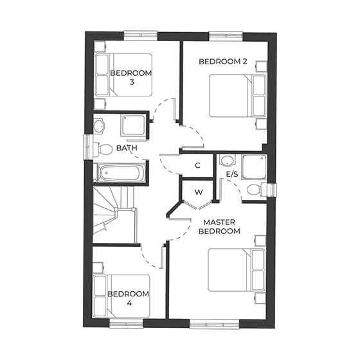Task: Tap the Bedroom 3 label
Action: tap(130, 78)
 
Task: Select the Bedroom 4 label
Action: tap(127, 299)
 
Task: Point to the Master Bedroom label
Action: tap(222, 226)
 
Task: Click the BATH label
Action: tap(127, 148)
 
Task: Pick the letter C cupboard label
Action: tap(198, 166)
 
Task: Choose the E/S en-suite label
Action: tap(232, 174)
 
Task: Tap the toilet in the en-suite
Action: tap(255, 188)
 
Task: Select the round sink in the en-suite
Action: tap(226, 161)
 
